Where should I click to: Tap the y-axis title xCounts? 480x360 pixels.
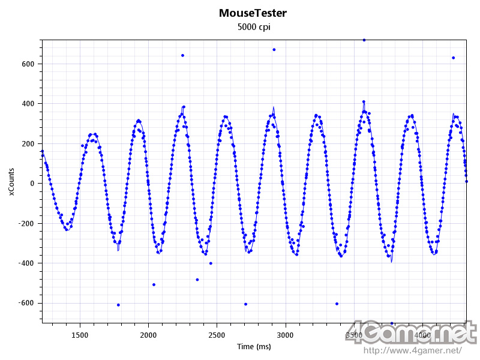[11, 182]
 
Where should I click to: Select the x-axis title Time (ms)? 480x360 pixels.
[254, 347]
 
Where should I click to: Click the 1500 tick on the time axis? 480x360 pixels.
[80, 335]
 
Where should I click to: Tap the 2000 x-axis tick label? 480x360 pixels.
[148, 335]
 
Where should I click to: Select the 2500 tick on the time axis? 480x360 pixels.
[217, 335]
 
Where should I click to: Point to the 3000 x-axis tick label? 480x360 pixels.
[285, 335]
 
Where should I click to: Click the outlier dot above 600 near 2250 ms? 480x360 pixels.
[182, 55]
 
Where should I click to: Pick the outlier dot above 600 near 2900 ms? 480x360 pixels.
[274, 50]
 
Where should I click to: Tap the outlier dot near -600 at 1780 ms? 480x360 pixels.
[118, 305]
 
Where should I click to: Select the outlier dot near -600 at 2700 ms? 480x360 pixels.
[245, 304]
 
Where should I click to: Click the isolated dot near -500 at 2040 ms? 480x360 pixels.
[154, 284]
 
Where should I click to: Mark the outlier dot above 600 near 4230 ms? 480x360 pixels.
[453, 58]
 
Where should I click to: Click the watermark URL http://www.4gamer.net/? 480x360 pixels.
[413, 350]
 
